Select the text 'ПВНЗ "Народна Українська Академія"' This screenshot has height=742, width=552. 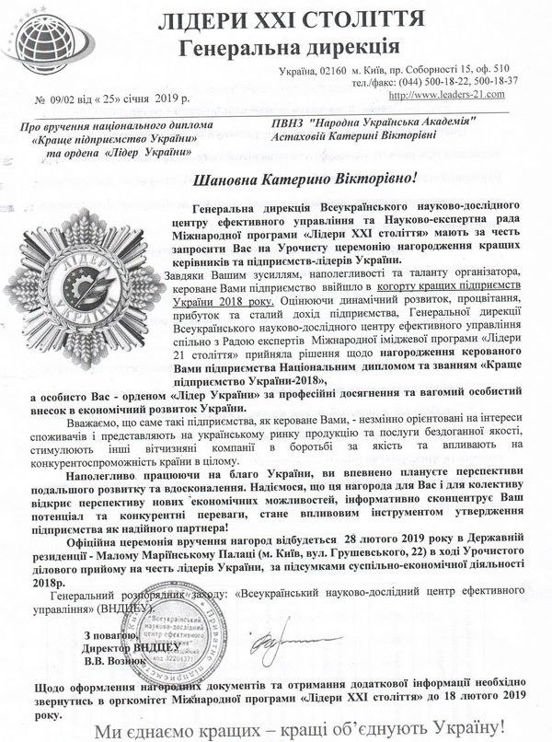click(372, 122)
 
